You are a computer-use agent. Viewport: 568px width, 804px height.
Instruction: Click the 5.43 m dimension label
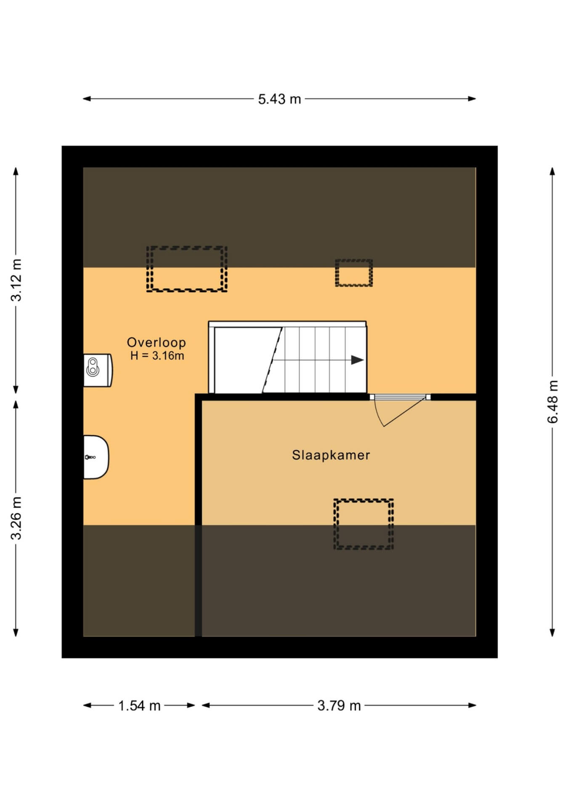[x=279, y=99]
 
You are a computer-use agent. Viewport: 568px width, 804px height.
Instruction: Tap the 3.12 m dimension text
[x=16, y=280]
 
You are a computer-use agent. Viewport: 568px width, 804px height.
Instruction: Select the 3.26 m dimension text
[x=16, y=518]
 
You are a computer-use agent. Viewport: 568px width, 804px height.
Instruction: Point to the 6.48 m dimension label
[x=552, y=402]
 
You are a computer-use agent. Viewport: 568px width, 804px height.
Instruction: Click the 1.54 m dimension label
[x=139, y=705]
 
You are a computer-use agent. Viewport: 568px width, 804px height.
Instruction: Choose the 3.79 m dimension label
[x=339, y=705]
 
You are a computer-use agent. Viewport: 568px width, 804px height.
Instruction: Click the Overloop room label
[x=157, y=342]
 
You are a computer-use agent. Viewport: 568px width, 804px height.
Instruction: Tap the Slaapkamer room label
[x=331, y=455]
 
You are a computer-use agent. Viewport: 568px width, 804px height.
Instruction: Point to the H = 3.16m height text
[x=157, y=356]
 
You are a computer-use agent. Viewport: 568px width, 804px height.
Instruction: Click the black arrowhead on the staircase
[x=358, y=360]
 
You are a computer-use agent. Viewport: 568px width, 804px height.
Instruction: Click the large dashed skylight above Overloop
[x=187, y=269]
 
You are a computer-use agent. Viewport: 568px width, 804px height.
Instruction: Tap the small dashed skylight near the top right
[x=354, y=273]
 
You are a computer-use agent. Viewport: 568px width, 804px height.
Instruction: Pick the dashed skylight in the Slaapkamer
[x=364, y=524]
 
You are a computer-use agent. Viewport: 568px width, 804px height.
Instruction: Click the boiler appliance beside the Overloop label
[x=98, y=370]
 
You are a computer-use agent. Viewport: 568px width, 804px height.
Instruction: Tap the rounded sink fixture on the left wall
[x=96, y=457]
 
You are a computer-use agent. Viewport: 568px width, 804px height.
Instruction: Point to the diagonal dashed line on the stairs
[x=272, y=360]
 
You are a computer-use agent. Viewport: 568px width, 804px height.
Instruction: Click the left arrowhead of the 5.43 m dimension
[x=87, y=99]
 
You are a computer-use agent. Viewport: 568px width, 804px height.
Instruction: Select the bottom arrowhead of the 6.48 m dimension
[x=552, y=632]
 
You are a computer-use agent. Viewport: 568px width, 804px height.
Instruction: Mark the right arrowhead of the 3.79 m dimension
[x=472, y=705]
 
